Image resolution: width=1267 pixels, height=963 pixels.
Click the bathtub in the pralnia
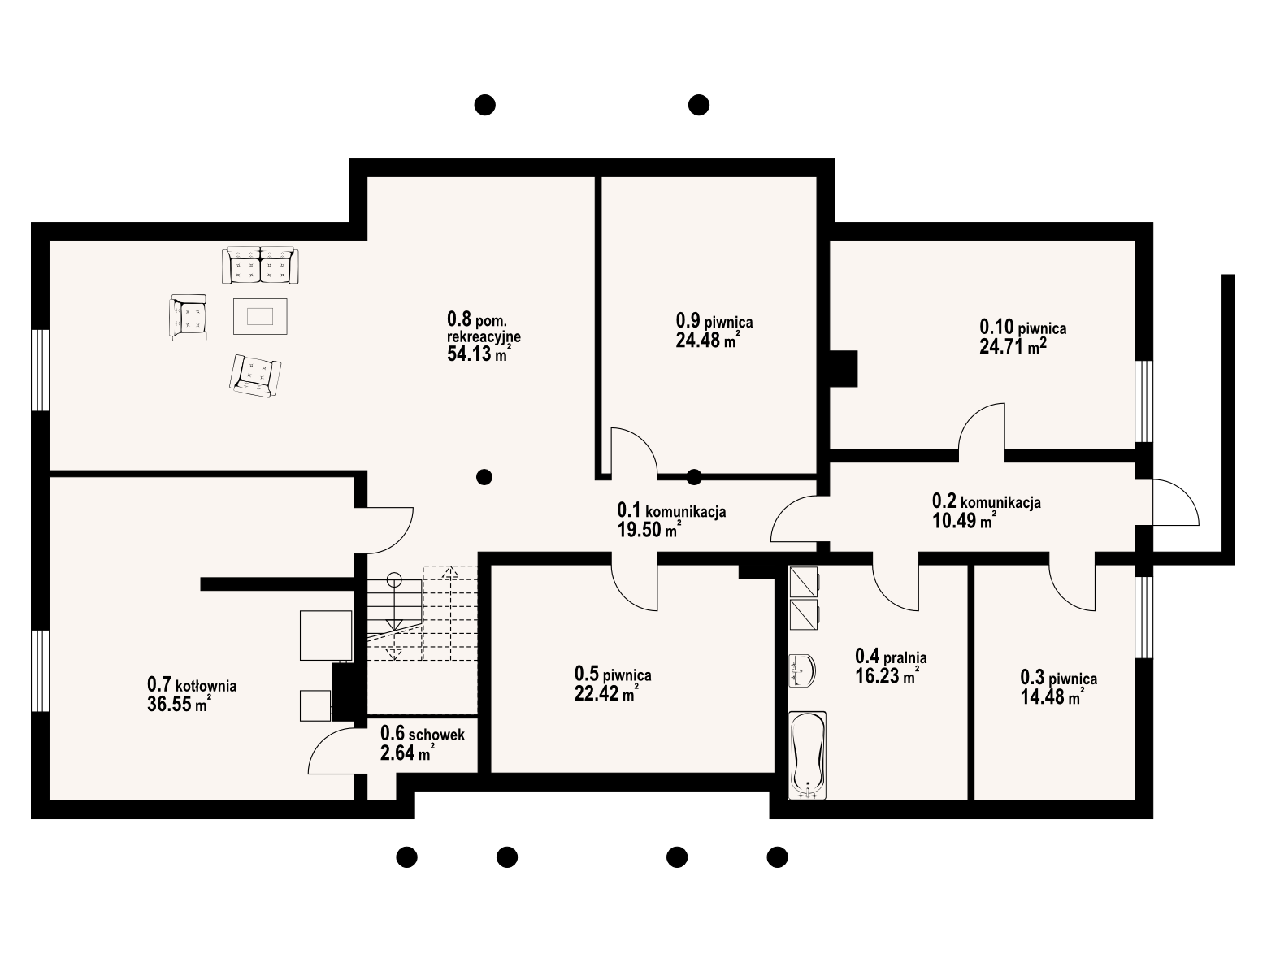click(x=807, y=755)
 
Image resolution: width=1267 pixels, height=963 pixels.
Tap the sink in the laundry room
click(x=801, y=670)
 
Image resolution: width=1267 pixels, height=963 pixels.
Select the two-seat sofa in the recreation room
click(x=260, y=266)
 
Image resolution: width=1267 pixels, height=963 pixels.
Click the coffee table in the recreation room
click(x=260, y=316)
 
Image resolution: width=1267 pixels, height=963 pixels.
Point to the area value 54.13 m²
click(x=479, y=354)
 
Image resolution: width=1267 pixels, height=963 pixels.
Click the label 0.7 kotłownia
click(x=192, y=685)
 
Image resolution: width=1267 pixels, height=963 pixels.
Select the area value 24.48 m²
click(x=708, y=341)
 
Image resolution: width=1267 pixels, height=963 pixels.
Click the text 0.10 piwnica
click(x=1023, y=328)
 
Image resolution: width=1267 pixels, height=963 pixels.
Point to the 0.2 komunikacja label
click(x=987, y=501)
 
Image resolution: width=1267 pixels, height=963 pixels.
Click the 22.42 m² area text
click(x=606, y=693)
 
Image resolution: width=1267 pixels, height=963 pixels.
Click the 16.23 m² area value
click(x=887, y=675)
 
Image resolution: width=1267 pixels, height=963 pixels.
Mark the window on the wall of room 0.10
click(x=1144, y=401)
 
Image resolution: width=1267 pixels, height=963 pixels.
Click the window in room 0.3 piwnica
click(x=1144, y=618)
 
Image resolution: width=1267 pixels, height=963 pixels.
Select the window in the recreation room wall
click(x=40, y=370)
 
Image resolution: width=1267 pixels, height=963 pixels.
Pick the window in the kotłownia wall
click(x=40, y=671)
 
